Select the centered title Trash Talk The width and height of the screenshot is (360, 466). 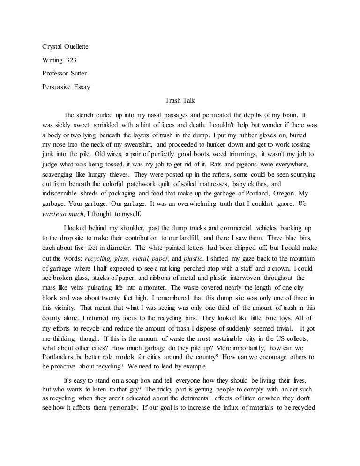180,100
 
